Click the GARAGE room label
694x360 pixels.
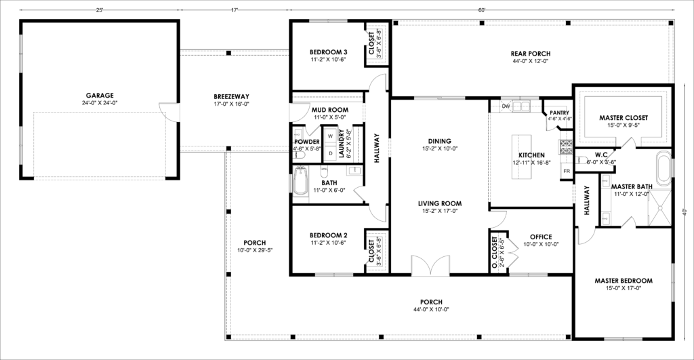pos(100,95)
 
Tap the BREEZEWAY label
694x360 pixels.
pos(231,96)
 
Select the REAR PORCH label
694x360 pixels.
pos(531,54)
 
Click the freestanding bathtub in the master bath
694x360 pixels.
pos(664,168)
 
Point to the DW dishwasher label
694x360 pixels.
pos(506,106)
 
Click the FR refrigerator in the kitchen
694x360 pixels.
pos(566,171)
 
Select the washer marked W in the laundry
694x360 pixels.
pos(330,136)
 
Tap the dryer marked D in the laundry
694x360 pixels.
pos(330,153)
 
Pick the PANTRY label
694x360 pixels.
pos(559,113)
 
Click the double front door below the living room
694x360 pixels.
pos(430,266)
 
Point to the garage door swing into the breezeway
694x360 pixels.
pos(169,111)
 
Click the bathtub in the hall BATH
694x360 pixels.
pos(300,181)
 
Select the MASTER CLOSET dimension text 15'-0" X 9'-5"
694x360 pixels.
pos(624,125)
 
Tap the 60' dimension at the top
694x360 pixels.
pos(482,9)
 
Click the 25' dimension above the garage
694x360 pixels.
pos(99,9)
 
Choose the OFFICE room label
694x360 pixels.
pos(541,237)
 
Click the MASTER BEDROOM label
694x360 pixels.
pos(624,281)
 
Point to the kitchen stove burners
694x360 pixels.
pos(567,147)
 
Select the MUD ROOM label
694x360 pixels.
pos(330,110)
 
